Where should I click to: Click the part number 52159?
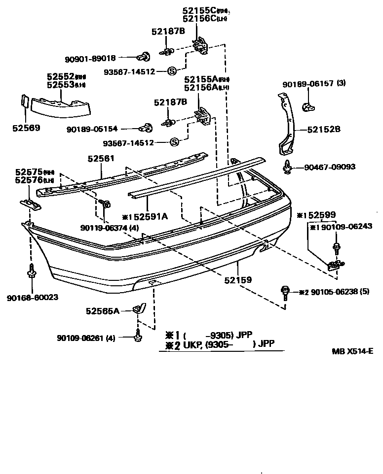point(238,280)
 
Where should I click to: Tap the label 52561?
point(101,159)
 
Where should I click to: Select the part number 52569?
point(26,128)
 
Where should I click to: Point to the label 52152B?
point(324,130)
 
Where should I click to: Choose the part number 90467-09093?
point(329,168)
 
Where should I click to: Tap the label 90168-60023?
point(32,297)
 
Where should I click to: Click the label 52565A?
point(103,311)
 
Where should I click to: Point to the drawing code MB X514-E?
point(352,351)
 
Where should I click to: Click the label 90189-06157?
point(307,84)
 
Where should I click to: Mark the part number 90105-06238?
point(333,292)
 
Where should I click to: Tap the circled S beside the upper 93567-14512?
point(172,71)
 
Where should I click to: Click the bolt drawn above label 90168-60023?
point(32,271)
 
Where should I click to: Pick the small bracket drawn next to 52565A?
point(140,309)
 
